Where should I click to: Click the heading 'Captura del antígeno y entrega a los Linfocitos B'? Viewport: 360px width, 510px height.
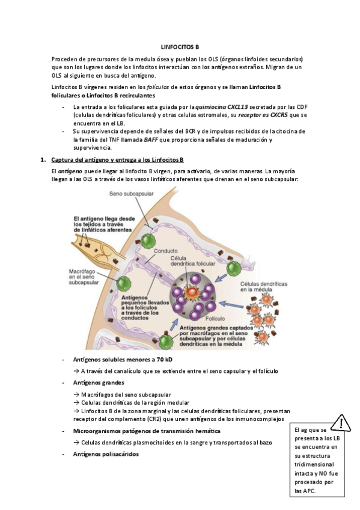click(x=118, y=160)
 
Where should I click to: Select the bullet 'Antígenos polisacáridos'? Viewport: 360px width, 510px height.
click(x=106, y=454)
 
